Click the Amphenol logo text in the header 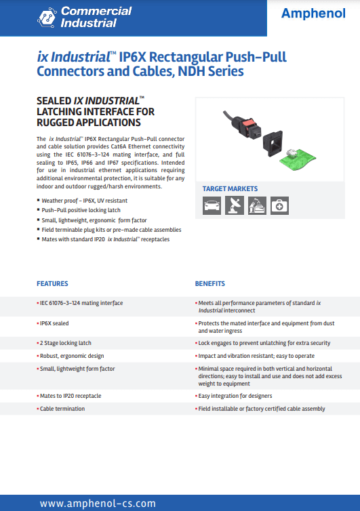pyautogui.click(x=314, y=14)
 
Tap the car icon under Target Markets pyautogui.click(x=212, y=205)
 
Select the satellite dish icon pyautogui.click(x=234, y=205)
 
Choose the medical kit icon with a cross pyautogui.click(x=279, y=205)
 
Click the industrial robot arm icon pyautogui.click(x=256, y=205)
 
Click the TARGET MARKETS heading pyautogui.click(x=230, y=188)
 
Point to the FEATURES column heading pyautogui.click(x=52, y=283)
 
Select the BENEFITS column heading pyautogui.click(x=210, y=283)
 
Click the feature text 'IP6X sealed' pyautogui.click(x=54, y=324)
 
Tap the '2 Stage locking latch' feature pyautogui.click(x=66, y=343)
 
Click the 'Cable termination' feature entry pyautogui.click(x=62, y=409)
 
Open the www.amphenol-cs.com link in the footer pyautogui.click(x=98, y=503)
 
